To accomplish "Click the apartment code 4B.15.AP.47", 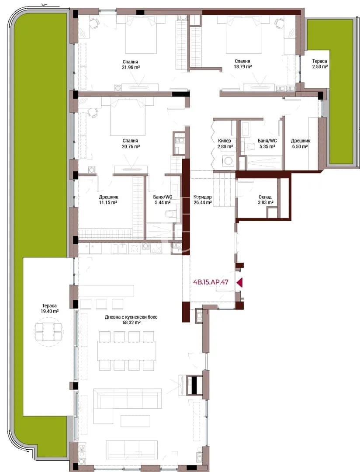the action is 211,282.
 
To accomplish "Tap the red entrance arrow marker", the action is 239,282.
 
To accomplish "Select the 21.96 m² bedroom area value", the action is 131,67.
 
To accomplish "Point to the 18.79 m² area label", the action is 243,67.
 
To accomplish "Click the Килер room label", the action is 225,141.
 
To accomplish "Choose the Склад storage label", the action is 265,197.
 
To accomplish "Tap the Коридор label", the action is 203,197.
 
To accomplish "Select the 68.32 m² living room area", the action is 131,323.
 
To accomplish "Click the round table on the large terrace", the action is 48,331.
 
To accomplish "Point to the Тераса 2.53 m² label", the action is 320,64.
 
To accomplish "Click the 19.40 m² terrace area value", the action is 50,311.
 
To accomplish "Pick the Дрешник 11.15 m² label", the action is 108,200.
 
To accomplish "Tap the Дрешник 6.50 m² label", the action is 300,144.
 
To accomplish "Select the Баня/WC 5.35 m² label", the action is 267,144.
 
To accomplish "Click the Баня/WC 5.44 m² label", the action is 163,200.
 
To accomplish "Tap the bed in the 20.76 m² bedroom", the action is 125,118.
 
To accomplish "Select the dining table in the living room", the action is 126,351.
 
